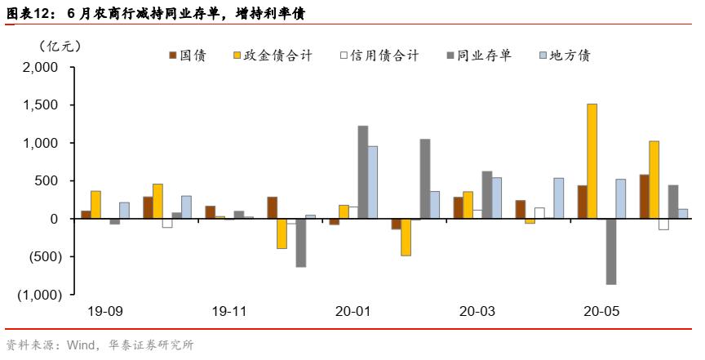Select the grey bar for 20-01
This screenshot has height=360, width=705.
coord(363,172)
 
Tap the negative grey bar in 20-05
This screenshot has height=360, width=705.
coord(610,251)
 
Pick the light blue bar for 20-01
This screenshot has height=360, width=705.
coord(373,182)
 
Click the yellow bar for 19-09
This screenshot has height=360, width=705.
coord(95,205)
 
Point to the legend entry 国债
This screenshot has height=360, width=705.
coord(187,56)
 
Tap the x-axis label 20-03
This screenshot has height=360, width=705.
coord(477,311)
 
